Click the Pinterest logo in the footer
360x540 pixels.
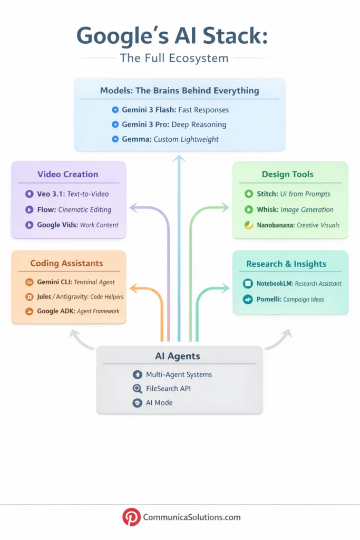coord(131,517)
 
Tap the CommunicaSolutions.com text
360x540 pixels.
coord(192,517)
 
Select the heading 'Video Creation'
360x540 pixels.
coord(67,175)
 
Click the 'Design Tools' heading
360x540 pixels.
coord(287,174)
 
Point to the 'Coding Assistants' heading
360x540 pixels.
coord(66,263)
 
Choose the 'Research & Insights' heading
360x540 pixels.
coord(286,264)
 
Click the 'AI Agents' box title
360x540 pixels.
coord(177,356)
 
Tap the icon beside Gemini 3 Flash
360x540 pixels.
coord(115,110)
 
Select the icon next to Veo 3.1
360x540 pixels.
coord(29,194)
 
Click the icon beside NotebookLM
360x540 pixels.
coord(247,284)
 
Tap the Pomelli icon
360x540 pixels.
coord(247,300)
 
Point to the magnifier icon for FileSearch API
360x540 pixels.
coord(138,389)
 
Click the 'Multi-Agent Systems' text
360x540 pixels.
coord(179,374)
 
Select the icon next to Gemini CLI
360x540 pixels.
coord(29,282)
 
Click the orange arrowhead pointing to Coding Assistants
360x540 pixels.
coord(133,288)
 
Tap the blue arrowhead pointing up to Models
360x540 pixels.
coord(180,159)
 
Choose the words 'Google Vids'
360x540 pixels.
coord(56,225)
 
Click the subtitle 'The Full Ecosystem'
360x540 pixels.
coord(174,57)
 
